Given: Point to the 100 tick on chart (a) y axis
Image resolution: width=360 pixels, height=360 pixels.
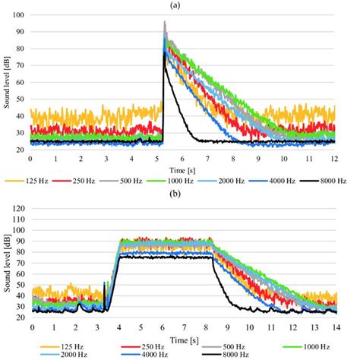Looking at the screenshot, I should coord(20,15).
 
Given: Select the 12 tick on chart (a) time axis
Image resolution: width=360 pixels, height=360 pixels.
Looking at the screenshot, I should coord(334,158).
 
